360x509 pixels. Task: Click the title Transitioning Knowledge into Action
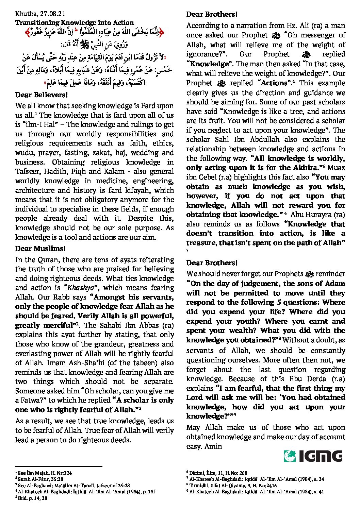75,23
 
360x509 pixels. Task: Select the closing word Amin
213,446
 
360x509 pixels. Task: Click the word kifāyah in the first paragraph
142,190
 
